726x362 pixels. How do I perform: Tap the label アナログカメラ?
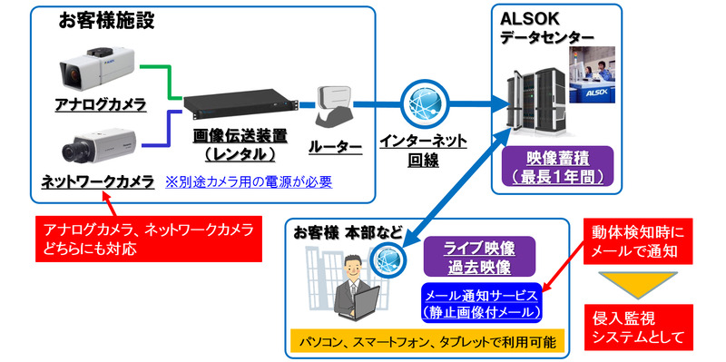click(101, 104)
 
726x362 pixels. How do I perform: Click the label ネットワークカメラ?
click(97, 182)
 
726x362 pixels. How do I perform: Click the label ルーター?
click(335, 147)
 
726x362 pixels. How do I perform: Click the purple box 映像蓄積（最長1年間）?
click(557, 167)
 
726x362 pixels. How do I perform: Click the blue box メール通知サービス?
click(481, 303)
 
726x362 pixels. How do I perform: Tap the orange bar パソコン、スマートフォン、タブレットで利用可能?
click(427, 343)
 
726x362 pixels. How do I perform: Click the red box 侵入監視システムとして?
click(638, 327)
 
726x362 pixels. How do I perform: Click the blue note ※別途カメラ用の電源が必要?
click(249, 182)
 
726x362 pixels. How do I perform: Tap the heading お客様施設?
click(106, 21)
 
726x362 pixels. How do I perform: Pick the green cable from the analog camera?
click(162, 82)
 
